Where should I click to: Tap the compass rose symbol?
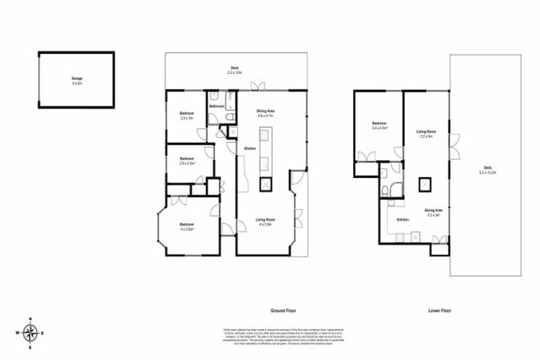click(x=30, y=333)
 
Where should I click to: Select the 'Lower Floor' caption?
click(x=439, y=309)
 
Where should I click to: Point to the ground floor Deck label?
click(x=234, y=70)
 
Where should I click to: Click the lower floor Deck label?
click(x=487, y=169)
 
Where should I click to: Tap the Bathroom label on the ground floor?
click(x=217, y=106)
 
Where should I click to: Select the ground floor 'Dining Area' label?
click(x=265, y=112)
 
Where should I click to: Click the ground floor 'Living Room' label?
click(x=264, y=221)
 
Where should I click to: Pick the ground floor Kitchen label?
click(x=250, y=149)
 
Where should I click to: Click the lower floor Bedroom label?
click(x=379, y=126)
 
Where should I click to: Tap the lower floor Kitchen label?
click(x=403, y=220)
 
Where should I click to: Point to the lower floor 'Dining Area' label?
click(x=433, y=212)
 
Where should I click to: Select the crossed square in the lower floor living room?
click(x=425, y=184)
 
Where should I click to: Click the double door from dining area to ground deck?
click(x=261, y=86)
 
